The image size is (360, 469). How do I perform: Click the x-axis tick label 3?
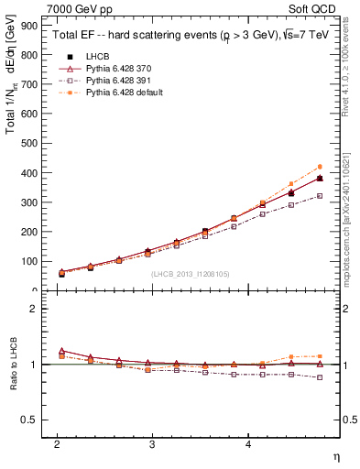pyautogui.click(x=152, y=444)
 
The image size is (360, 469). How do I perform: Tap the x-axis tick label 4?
pyautogui.click(x=247, y=444)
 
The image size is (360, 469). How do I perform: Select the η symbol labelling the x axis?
pyautogui.click(x=335, y=455)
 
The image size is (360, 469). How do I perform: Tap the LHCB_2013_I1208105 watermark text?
pyautogui.click(x=190, y=273)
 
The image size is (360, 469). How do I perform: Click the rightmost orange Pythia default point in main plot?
pyautogui.click(x=320, y=167)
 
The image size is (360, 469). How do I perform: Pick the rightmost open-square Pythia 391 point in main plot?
pyautogui.click(x=320, y=196)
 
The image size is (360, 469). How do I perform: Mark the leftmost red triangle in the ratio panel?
pyautogui.click(x=61, y=351)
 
